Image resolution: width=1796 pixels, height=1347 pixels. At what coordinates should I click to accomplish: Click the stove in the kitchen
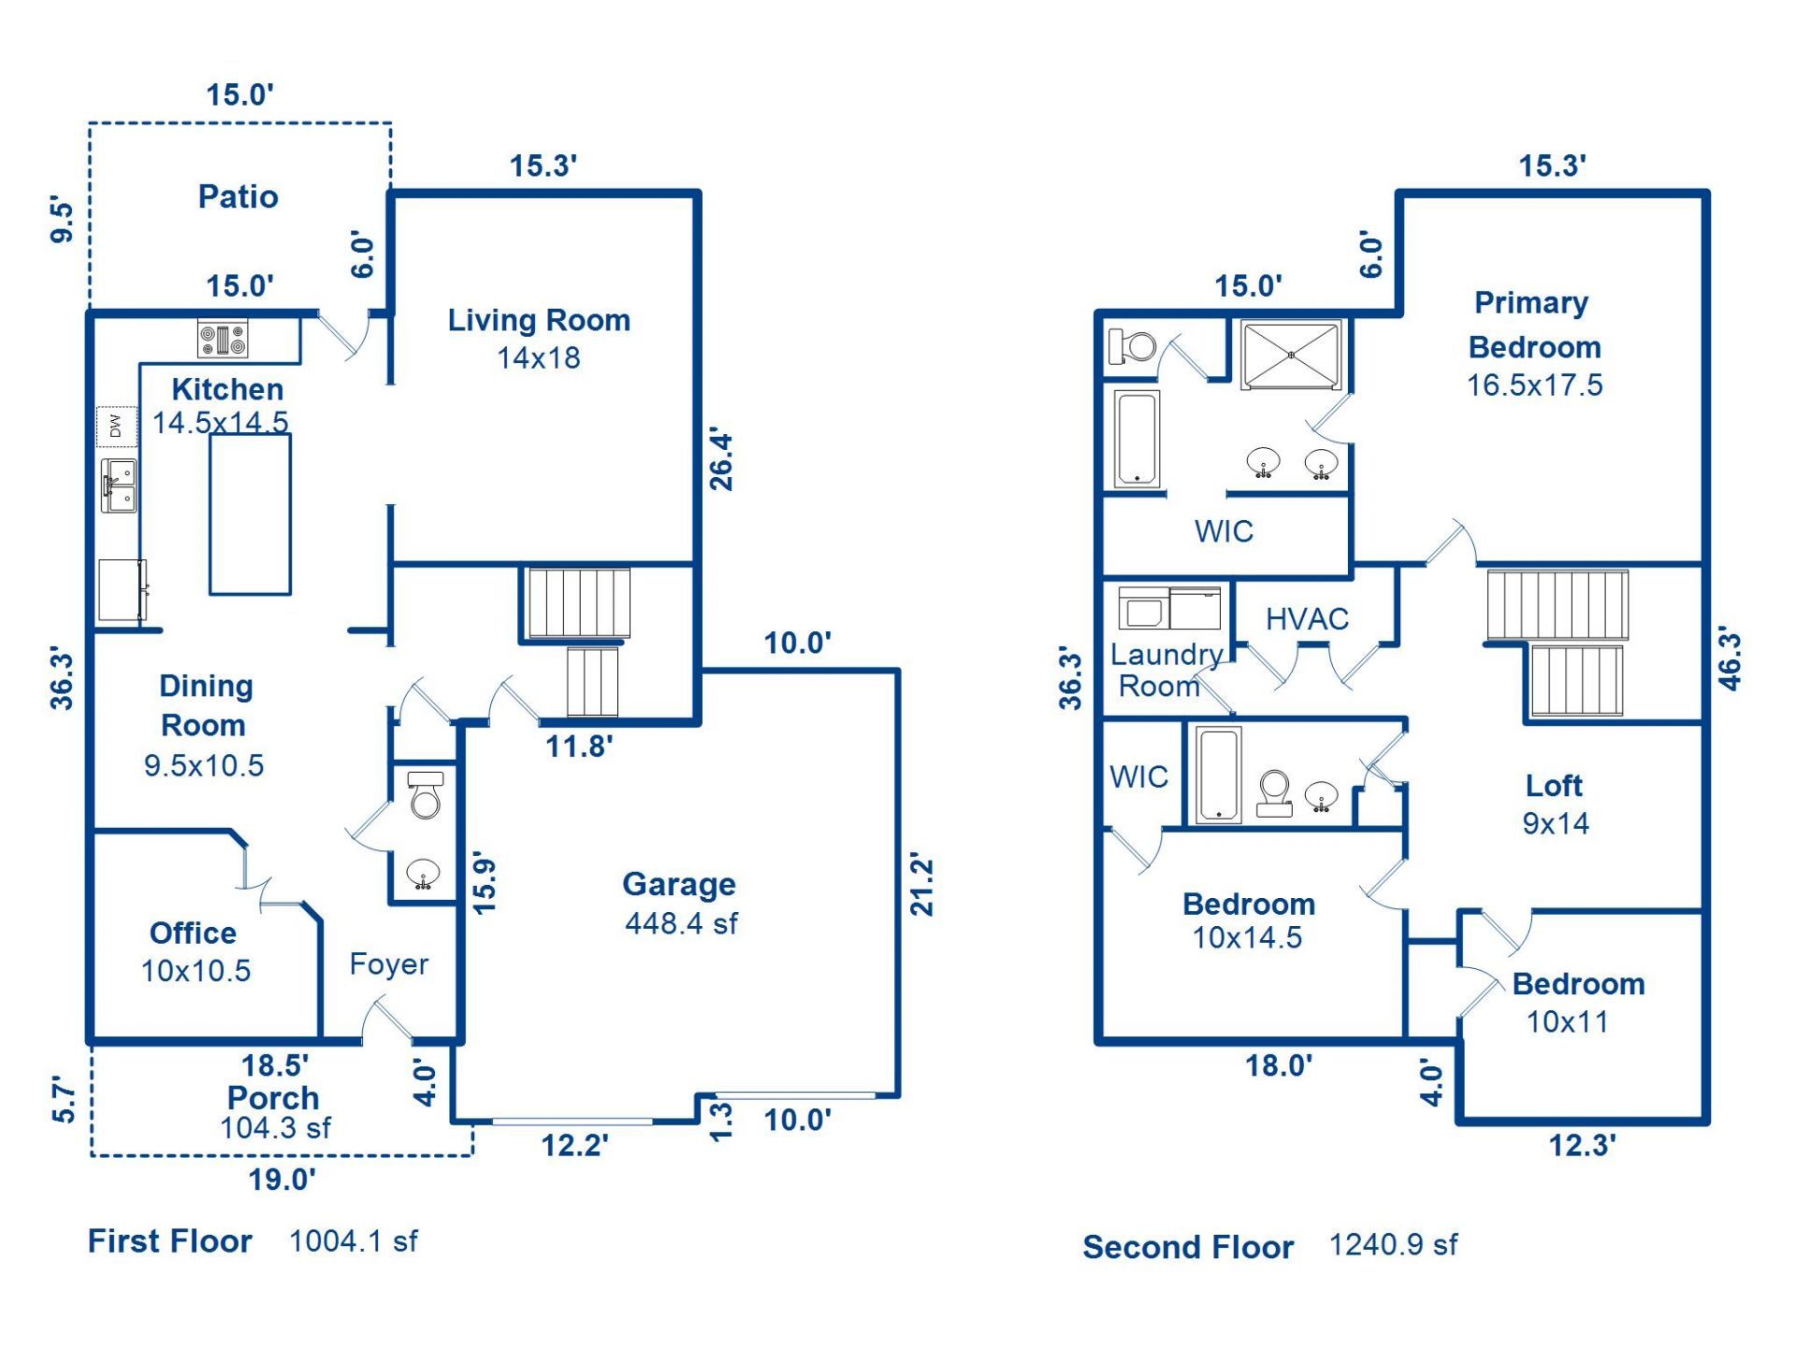pyautogui.click(x=223, y=339)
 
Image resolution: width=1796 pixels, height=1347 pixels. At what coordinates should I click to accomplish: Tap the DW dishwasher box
pyautogui.click(x=116, y=427)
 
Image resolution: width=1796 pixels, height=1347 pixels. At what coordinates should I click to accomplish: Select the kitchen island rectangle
pyautogui.click(x=250, y=514)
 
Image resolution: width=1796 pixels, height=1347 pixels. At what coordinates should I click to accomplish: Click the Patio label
pyautogui.click(x=238, y=196)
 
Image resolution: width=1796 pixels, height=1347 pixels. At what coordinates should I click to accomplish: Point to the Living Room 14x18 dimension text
pyautogui.click(x=538, y=357)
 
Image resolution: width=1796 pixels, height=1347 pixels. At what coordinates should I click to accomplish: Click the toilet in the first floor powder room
pyautogui.click(x=425, y=795)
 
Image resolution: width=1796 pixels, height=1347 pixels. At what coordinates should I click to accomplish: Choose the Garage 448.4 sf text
pyautogui.click(x=681, y=923)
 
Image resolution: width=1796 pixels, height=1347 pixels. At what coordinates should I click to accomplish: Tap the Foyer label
pyautogui.click(x=388, y=963)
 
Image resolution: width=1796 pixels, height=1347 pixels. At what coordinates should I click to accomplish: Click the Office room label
pyautogui.click(x=193, y=933)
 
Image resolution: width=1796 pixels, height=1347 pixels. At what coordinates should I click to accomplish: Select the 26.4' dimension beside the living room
pyautogui.click(x=721, y=460)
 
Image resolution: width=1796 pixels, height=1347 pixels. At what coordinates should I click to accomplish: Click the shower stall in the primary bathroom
pyautogui.click(x=1290, y=355)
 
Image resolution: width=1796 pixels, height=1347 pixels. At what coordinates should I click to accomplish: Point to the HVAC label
pyautogui.click(x=1307, y=618)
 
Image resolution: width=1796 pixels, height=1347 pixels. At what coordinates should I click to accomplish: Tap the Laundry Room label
pyautogui.click(x=1165, y=670)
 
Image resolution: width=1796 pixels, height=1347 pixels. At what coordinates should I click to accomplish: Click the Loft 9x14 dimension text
pyautogui.click(x=1555, y=823)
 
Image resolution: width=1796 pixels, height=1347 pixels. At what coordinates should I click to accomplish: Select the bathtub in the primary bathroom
pyautogui.click(x=1137, y=439)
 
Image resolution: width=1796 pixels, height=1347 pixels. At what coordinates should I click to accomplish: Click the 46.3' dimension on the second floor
pyautogui.click(x=1731, y=659)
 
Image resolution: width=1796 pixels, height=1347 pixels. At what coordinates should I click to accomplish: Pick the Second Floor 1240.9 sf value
pyautogui.click(x=1393, y=1244)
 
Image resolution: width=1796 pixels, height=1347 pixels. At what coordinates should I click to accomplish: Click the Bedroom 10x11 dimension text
pyautogui.click(x=1567, y=1021)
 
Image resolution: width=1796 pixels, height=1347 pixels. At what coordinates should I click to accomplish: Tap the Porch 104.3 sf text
pyautogui.click(x=275, y=1128)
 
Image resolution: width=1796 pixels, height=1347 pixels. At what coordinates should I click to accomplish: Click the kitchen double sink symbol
pyautogui.click(x=119, y=485)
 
